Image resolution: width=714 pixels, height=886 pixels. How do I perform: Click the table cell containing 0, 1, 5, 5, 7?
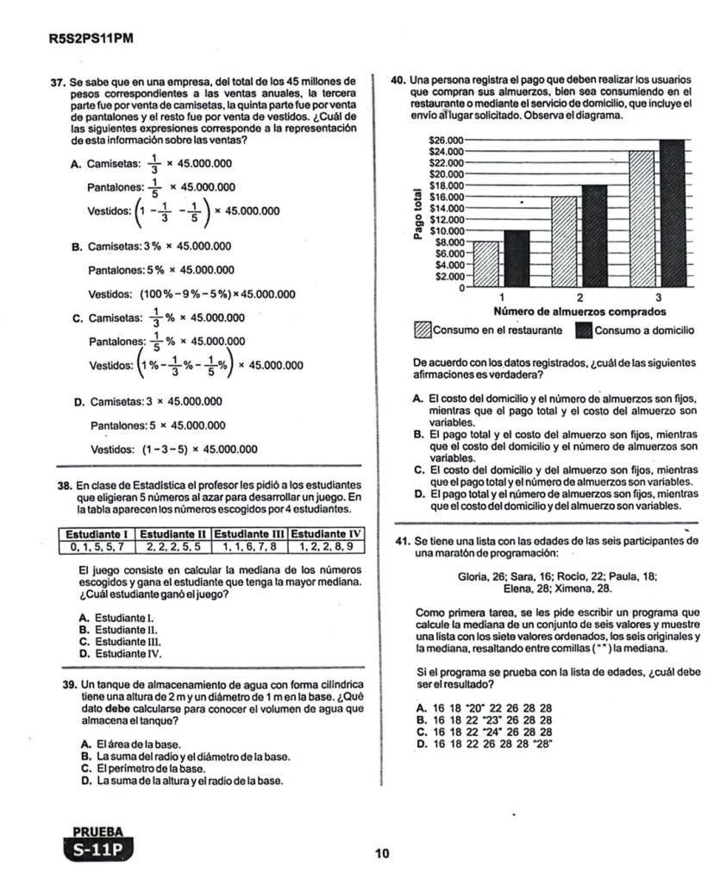pyautogui.click(x=97, y=546)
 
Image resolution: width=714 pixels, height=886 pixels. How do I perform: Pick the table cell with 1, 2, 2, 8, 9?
pyautogui.click(x=328, y=546)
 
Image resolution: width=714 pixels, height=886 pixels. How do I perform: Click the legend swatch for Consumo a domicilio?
pyautogui.click(x=583, y=330)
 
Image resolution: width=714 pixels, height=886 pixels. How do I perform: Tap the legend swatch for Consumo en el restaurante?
pyautogui.click(x=423, y=330)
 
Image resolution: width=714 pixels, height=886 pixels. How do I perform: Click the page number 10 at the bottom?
pyautogui.click(x=383, y=853)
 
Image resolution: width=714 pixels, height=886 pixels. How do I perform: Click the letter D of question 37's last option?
pyautogui.click(x=78, y=402)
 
